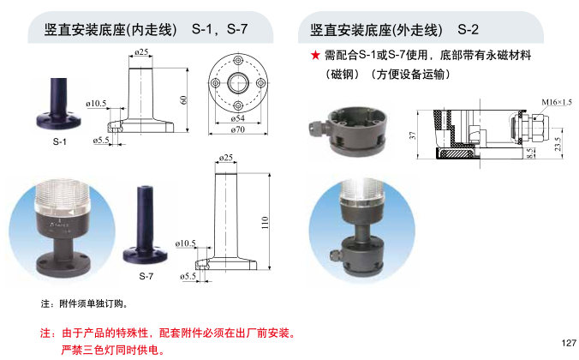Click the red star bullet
315,56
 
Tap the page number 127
569,343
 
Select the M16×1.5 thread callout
557,102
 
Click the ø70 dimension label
238,129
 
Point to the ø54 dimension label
238,118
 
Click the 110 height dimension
265,223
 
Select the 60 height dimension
183,99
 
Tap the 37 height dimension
413,135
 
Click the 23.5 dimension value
558,144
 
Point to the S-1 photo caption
59,141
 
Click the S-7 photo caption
146,276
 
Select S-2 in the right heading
468,29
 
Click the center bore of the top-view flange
238,83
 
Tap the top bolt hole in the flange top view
238,60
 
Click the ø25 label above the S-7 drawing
225,158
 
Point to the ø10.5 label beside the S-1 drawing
96,104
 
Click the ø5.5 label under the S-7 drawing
188,276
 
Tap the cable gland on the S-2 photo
317,128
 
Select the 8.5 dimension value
530,153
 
